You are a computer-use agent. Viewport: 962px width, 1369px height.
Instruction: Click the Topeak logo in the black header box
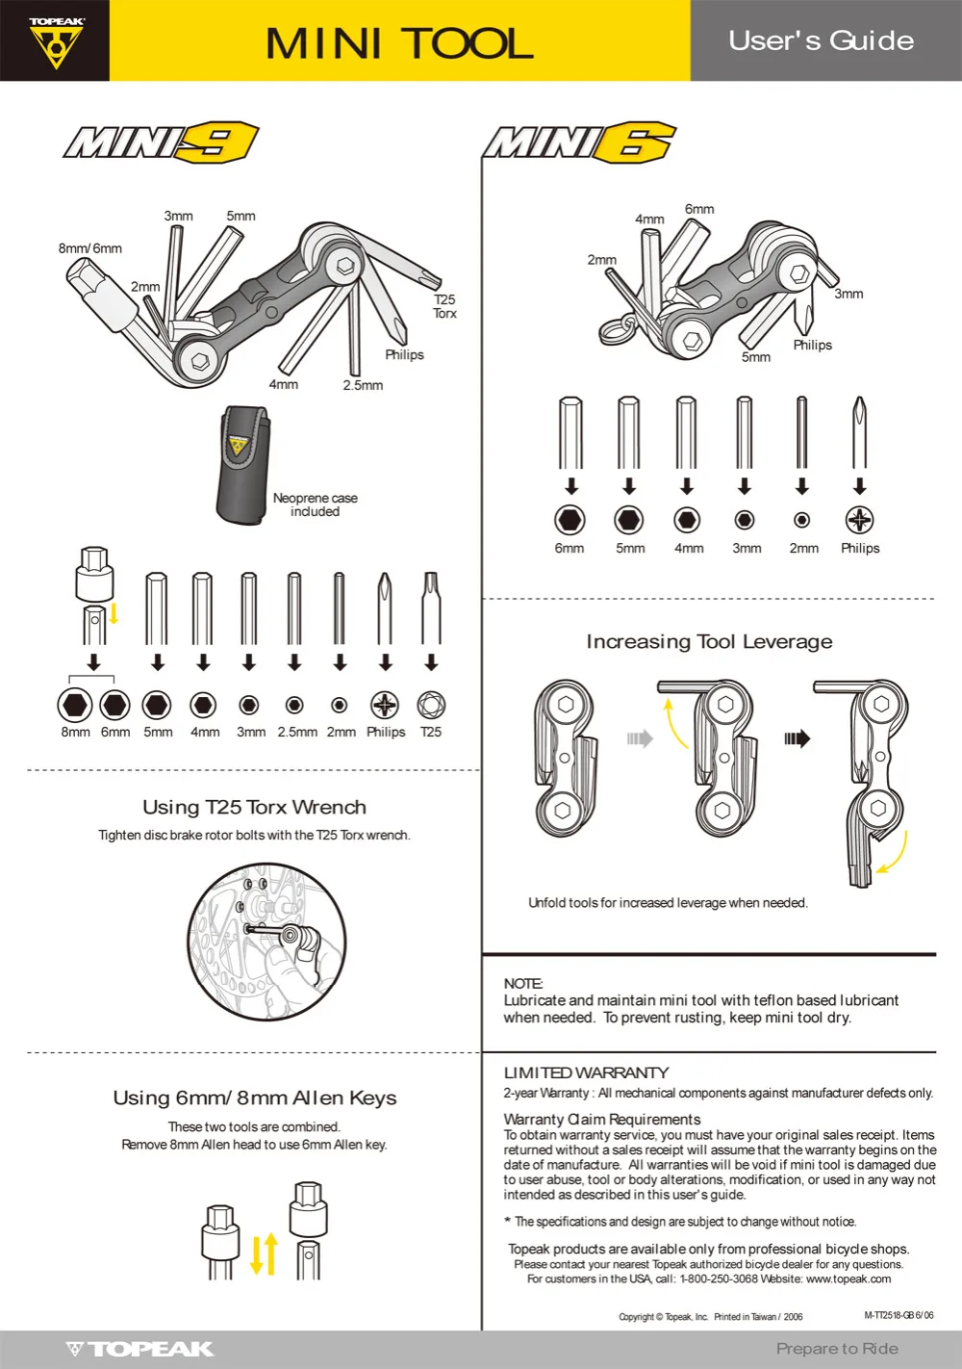[56, 42]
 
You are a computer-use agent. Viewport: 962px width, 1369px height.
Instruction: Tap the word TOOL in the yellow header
[469, 44]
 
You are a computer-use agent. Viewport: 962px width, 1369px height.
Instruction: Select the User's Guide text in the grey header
[821, 41]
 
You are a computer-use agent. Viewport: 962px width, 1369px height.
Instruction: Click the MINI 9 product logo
[162, 142]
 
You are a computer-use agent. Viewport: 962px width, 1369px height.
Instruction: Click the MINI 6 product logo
[580, 143]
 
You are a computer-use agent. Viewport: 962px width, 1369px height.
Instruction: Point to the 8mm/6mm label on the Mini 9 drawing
[89, 248]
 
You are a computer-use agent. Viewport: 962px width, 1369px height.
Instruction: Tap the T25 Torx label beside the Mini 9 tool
[444, 306]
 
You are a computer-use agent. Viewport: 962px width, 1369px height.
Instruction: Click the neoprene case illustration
[243, 465]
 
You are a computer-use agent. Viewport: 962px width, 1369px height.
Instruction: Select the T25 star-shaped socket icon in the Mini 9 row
[431, 706]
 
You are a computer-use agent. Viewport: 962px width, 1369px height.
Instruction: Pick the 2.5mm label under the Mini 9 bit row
[297, 732]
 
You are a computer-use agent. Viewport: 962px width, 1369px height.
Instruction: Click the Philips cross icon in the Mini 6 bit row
[859, 520]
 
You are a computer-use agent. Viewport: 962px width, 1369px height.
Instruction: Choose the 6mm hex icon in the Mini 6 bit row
[570, 520]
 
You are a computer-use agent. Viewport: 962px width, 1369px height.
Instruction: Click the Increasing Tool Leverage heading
[709, 642]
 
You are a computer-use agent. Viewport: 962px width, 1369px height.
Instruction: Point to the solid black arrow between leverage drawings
[797, 738]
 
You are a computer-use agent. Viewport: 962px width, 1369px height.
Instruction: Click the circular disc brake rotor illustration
[266, 942]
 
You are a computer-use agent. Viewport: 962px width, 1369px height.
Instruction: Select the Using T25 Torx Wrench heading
[254, 808]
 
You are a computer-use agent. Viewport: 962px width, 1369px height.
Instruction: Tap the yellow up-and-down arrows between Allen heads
[265, 1253]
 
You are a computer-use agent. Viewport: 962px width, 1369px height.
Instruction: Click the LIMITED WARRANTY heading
[586, 1072]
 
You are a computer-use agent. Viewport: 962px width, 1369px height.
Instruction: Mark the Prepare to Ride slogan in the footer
[837, 1348]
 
